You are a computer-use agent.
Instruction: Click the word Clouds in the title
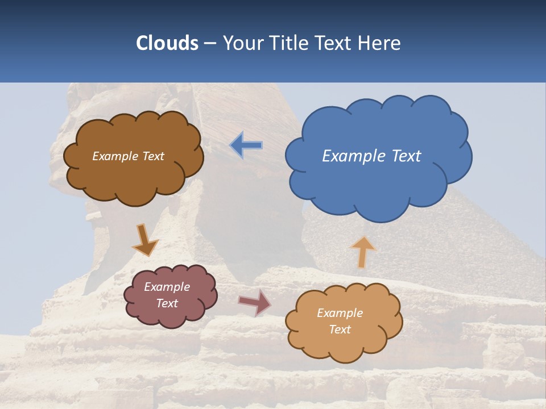point(167,43)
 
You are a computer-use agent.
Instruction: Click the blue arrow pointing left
point(246,145)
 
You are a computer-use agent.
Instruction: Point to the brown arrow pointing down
point(144,240)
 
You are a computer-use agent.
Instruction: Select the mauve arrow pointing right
point(255,302)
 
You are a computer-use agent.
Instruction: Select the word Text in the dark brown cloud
point(154,156)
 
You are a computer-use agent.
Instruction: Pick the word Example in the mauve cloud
point(167,287)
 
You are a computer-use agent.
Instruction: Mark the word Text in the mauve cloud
point(167,303)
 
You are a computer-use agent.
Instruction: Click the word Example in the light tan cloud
point(340,313)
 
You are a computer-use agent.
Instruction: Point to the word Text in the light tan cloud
point(340,329)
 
